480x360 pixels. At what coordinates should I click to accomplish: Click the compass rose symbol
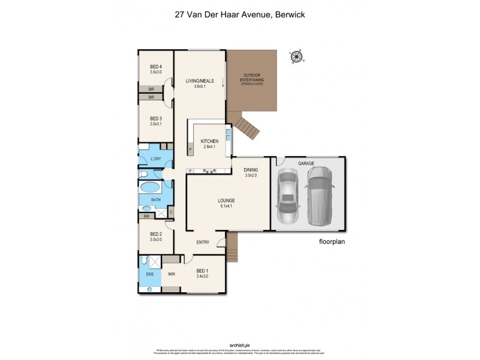coord(297,57)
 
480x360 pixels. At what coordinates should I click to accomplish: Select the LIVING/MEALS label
coord(200,83)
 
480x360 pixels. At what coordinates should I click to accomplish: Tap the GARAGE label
coord(306,163)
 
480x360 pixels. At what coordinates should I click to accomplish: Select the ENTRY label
coord(203,242)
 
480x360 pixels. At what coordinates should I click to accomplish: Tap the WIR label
coord(171,274)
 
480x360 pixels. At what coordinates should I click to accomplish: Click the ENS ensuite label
coord(149,274)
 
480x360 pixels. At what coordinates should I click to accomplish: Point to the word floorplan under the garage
coord(333,243)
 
